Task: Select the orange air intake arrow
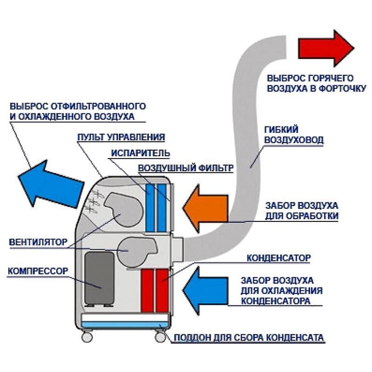pos(205,208)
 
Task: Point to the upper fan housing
pos(122,209)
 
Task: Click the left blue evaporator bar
pos(150,207)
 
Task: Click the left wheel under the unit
pos(86,335)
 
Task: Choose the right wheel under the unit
pos(160,335)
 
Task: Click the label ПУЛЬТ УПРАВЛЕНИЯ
pos(121,137)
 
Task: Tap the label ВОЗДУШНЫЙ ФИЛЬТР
pos(185,168)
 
